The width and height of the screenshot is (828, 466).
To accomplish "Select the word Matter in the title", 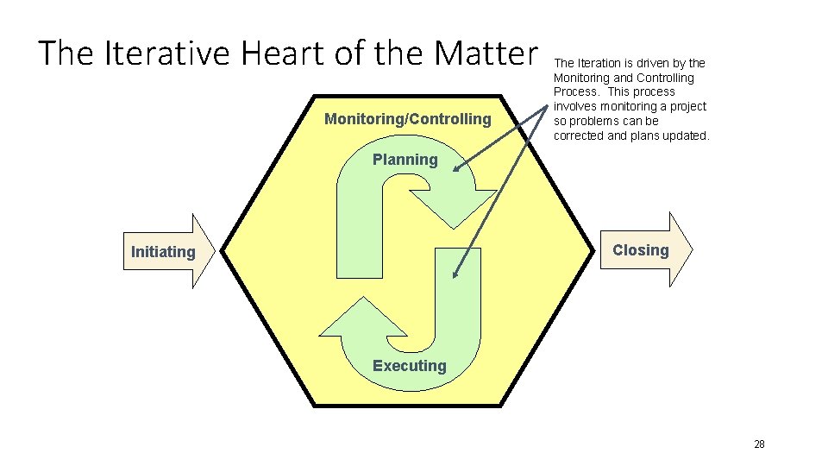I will [486, 54].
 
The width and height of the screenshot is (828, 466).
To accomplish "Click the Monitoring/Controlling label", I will [407, 119].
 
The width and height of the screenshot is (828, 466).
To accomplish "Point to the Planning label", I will [405, 160].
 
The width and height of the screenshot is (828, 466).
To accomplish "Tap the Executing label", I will [409, 366].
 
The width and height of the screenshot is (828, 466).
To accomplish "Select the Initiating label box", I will [163, 252].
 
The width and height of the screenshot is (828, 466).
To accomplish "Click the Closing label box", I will [640, 250].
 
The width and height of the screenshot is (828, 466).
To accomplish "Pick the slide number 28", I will [759, 444].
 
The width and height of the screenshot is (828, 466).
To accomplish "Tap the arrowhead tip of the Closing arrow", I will [692, 249].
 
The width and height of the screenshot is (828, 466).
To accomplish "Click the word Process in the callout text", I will [574, 91].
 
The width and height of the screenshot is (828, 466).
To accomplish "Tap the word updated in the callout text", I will [684, 135].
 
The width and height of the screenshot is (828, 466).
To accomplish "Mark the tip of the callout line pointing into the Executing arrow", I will [454, 278].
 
